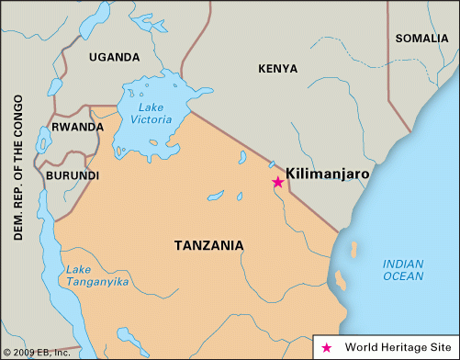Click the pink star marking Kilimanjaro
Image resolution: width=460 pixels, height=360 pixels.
click(x=278, y=182)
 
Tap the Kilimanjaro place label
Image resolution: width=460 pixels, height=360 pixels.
click(x=329, y=172)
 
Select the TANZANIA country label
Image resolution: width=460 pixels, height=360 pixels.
click(x=209, y=245)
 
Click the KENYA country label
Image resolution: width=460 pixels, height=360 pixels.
click(x=278, y=69)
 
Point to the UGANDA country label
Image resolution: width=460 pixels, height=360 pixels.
click(x=115, y=57)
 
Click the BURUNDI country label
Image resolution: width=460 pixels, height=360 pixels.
click(x=73, y=174)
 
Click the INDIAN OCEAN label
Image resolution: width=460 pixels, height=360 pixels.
click(x=404, y=269)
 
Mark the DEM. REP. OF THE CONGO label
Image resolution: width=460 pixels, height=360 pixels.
click(x=18, y=165)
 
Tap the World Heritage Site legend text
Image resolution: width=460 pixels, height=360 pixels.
click(x=393, y=348)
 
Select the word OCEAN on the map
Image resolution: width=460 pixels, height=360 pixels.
click(x=404, y=276)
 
